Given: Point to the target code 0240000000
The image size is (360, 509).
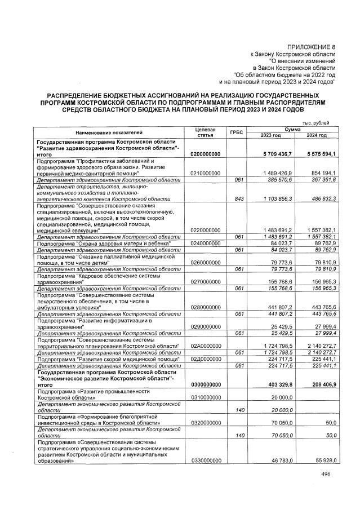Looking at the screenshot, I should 205,243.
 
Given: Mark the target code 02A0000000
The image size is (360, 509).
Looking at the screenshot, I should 205,345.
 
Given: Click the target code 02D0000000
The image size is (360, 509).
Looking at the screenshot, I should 205,358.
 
